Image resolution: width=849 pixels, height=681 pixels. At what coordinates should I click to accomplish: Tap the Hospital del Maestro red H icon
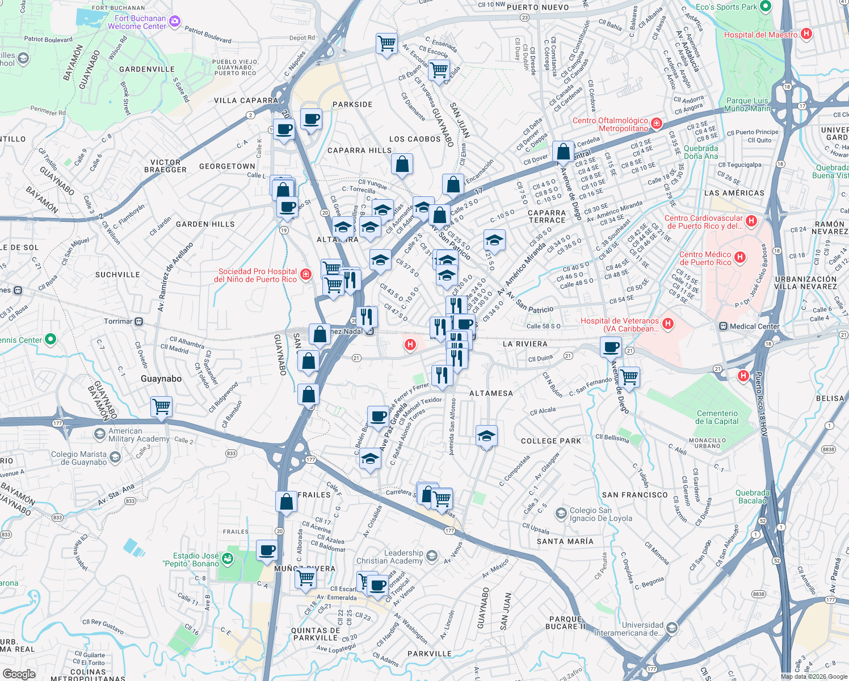806,34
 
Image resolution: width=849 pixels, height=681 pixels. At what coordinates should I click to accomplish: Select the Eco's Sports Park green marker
765,7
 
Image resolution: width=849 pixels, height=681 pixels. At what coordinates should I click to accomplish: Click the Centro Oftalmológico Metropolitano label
610,124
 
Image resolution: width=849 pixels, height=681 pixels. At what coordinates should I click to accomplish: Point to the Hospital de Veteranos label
620,325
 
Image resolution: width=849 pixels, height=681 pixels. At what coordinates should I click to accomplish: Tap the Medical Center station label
755,326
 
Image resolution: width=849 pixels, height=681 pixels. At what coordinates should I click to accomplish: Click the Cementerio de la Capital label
717,417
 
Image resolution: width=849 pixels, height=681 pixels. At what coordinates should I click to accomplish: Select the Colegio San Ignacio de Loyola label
600,514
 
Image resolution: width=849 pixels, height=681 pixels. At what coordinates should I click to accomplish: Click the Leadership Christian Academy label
389,557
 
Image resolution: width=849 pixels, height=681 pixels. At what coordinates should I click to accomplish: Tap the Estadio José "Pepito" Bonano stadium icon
228,559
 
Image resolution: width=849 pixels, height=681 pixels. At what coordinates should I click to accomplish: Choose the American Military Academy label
139,435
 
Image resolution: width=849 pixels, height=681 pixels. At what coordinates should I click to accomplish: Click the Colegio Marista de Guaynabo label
79,458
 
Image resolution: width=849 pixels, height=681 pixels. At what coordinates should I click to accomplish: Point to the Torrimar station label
118,321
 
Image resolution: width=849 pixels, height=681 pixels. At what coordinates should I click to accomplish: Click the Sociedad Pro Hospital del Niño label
258,275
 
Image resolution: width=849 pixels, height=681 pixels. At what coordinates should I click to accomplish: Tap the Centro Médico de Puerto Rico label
705,258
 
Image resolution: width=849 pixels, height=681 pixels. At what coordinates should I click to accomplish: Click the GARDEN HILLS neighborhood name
205,224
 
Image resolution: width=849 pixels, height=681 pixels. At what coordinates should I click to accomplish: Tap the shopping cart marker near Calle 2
162,406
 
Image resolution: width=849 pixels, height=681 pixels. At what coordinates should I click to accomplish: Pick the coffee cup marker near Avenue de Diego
611,347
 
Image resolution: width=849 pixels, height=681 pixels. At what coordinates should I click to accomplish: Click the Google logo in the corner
19,674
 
